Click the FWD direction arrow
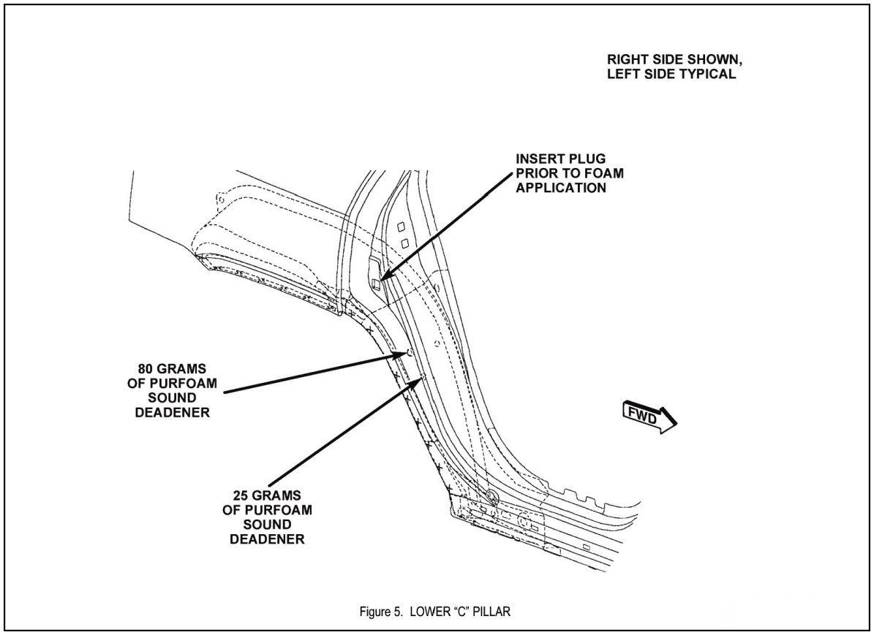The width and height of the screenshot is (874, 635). pyautogui.click(x=649, y=417)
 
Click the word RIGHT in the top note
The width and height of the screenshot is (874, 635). pyautogui.click(x=626, y=59)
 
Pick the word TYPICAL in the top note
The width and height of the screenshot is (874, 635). pyautogui.click(x=708, y=74)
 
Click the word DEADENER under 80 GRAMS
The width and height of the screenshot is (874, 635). pyautogui.click(x=173, y=412)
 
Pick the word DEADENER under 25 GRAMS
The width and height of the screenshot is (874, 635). pyautogui.click(x=267, y=539)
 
